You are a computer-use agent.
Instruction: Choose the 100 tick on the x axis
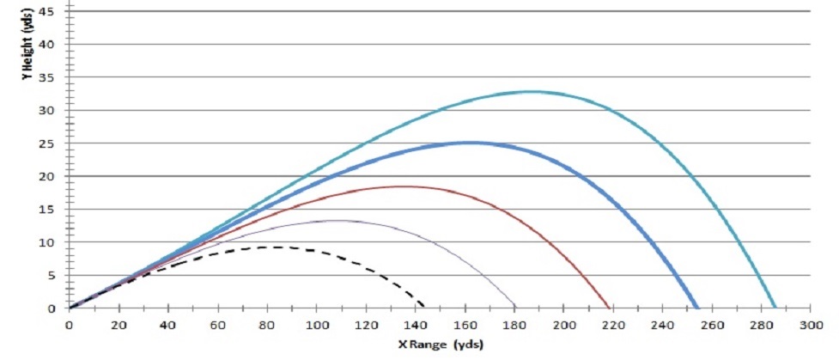click(x=316, y=326)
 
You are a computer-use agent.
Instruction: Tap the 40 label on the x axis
click(x=167, y=326)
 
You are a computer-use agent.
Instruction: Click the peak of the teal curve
click(x=532, y=91)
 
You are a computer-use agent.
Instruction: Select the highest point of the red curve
click(x=402, y=186)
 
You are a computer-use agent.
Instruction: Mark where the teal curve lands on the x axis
click(x=775, y=308)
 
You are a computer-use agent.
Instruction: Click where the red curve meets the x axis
click(x=609, y=308)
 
